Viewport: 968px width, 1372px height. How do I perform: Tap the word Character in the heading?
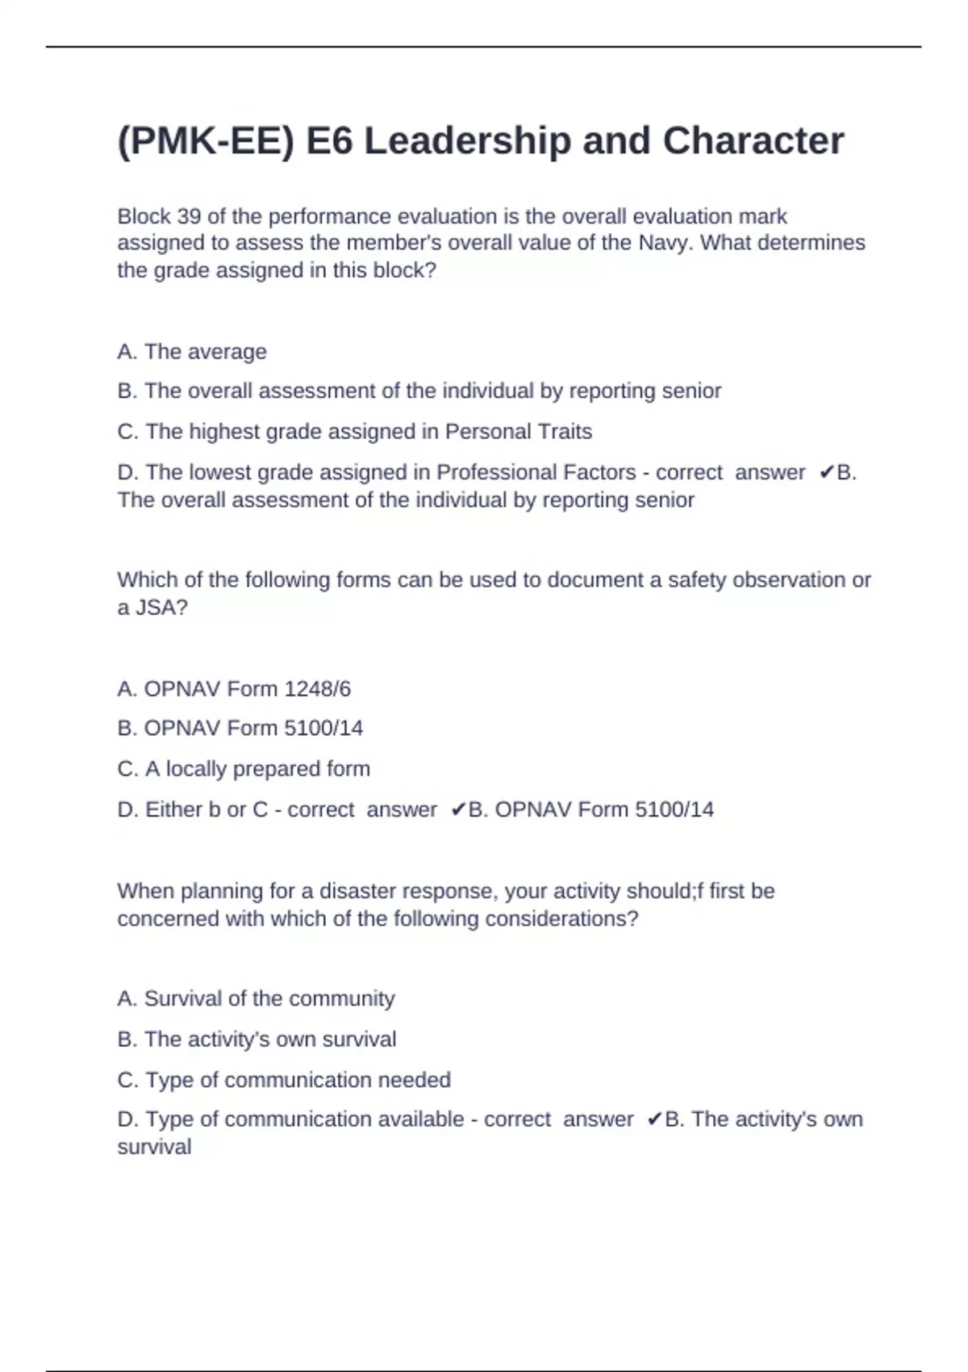(753, 141)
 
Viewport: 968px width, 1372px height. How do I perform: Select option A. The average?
(192, 352)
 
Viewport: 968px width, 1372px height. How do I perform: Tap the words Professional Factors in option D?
(536, 472)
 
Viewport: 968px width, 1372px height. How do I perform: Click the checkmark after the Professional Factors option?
(826, 473)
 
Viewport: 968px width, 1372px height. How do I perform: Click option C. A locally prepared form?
(244, 769)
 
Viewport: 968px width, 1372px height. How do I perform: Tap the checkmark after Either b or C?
(458, 809)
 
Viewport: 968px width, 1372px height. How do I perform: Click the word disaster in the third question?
(357, 891)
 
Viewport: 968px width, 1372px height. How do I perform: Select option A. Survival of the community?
(256, 999)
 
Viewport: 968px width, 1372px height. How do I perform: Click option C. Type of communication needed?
(284, 1080)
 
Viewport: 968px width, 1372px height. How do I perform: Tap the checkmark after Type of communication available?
(654, 1119)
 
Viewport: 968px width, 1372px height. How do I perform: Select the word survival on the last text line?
(154, 1147)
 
